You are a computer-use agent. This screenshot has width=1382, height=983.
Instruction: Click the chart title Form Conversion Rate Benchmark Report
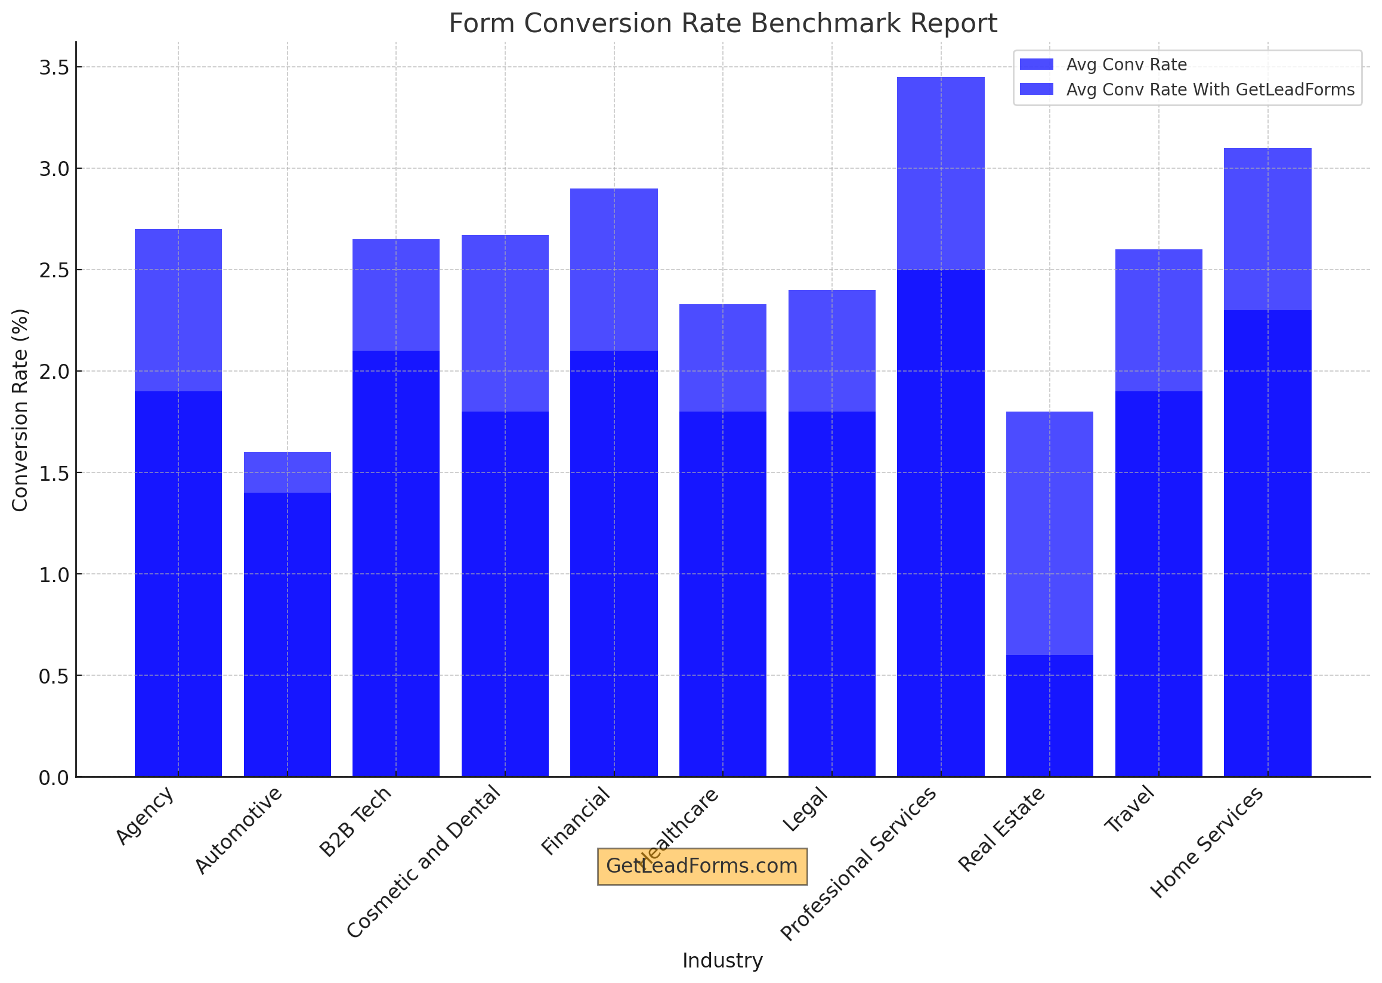click(x=722, y=24)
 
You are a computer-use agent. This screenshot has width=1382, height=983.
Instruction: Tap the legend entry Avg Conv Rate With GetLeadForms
click(x=1210, y=89)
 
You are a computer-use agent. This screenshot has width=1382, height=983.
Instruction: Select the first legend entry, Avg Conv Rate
click(x=1126, y=65)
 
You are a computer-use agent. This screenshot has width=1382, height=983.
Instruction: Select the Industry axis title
click(x=722, y=960)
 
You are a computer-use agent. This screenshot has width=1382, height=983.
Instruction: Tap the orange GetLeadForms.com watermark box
click(x=701, y=866)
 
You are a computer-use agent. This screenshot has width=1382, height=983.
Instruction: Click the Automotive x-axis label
click(x=239, y=830)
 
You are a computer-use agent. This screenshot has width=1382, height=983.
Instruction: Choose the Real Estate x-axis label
click(x=1002, y=829)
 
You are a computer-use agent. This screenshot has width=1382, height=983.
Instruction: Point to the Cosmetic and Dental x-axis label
click(x=423, y=862)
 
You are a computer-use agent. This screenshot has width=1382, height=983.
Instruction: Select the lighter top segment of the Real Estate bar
click(x=1049, y=533)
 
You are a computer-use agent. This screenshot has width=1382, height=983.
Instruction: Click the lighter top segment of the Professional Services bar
click(x=940, y=172)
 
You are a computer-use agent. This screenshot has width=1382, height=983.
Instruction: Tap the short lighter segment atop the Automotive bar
click(x=287, y=472)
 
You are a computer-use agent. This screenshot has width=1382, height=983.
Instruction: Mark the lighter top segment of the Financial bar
click(x=614, y=270)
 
